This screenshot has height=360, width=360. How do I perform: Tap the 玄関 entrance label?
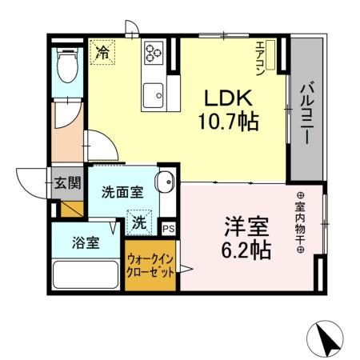point(67,182)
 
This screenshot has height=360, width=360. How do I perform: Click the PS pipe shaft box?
point(169,227)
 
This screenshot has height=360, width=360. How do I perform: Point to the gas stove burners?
point(154,54)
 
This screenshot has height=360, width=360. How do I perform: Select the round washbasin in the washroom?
point(166,182)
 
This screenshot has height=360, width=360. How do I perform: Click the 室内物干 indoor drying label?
point(301,223)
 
